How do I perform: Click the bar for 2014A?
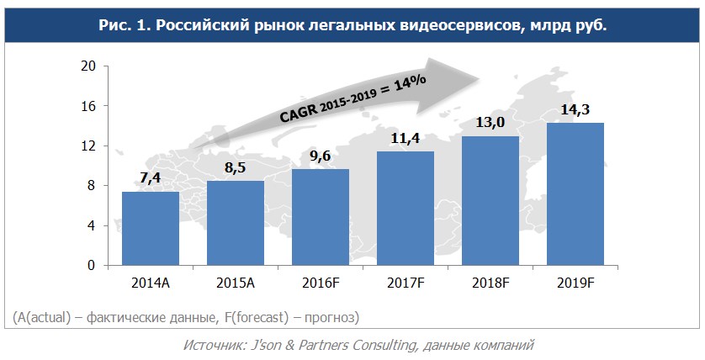tap(151, 229)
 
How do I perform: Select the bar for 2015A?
tap(236, 223)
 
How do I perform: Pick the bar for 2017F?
tap(406, 209)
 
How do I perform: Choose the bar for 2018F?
tap(490, 201)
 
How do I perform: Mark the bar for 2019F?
tap(575, 194)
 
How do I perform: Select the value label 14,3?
tap(575, 111)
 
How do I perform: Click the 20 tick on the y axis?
tap(87, 66)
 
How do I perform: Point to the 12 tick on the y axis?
tap(87, 146)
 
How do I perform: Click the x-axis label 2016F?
tap(321, 282)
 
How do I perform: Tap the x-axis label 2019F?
tap(575, 282)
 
